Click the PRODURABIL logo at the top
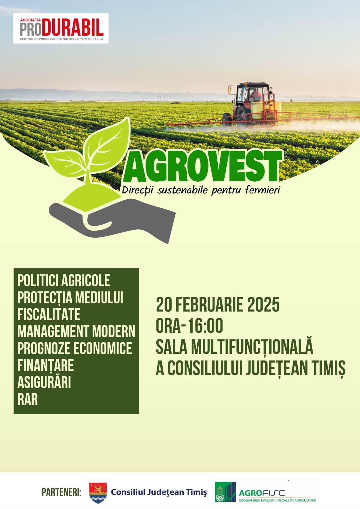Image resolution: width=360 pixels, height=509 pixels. (61, 28)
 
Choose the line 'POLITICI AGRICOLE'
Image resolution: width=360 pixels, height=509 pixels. (64, 280)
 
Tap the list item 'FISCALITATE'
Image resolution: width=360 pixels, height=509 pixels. (49, 314)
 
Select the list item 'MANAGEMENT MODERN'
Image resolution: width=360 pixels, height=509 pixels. (76, 331)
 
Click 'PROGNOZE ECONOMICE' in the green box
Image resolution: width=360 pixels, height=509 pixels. (74, 348)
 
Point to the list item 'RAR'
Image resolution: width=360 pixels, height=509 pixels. (27, 400)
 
